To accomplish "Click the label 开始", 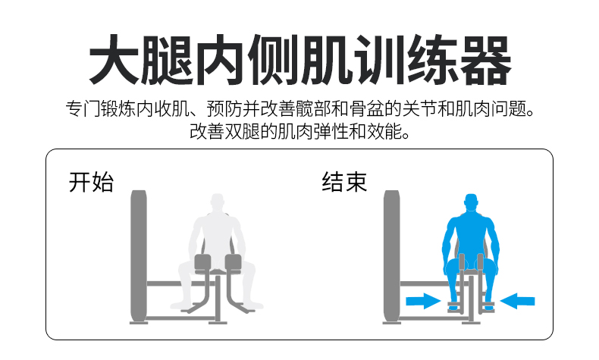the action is coord(91,182).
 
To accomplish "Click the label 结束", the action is coord(344,182).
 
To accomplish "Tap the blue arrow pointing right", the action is coord(423,301).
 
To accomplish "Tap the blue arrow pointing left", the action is coord(517,301).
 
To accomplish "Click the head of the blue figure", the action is coord(471,203).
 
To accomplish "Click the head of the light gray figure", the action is coord(218,203).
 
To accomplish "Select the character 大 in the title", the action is coord(114,61).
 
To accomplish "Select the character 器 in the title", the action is coord(485,61).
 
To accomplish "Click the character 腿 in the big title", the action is coord(167,61).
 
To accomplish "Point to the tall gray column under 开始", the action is coord(138,255).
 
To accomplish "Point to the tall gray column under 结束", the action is coord(391,255).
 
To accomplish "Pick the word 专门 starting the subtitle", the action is coord(83,109).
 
